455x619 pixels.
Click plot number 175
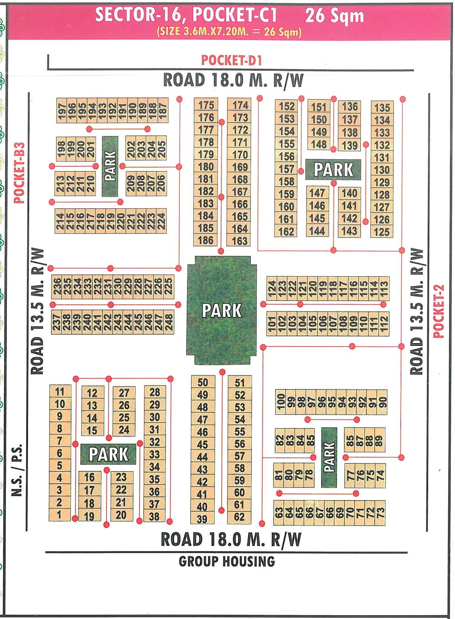pyautogui.click(x=206, y=105)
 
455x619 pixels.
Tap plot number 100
pyautogui.click(x=281, y=402)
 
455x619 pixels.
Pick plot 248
pyautogui.click(x=169, y=322)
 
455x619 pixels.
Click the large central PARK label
pyautogui.click(x=222, y=311)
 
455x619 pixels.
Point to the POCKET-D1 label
pyautogui.click(x=231, y=61)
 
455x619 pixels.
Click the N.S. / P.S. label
pyautogui.click(x=17, y=470)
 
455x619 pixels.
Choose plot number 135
pyautogui.click(x=382, y=108)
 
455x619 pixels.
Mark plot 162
pyautogui.click(x=286, y=231)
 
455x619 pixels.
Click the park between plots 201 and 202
pyautogui.click(x=110, y=166)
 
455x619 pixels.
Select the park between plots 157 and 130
pyautogui.click(x=333, y=170)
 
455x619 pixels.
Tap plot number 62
pyautogui.click(x=239, y=517)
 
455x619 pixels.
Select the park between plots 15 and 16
pyautogui.click(x=108, y=454)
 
